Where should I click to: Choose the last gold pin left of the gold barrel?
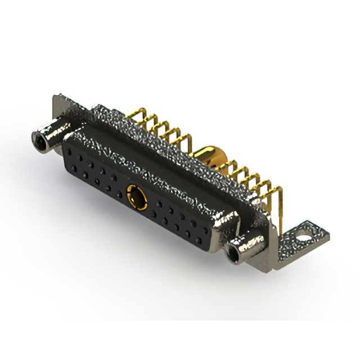coord(188,138)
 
